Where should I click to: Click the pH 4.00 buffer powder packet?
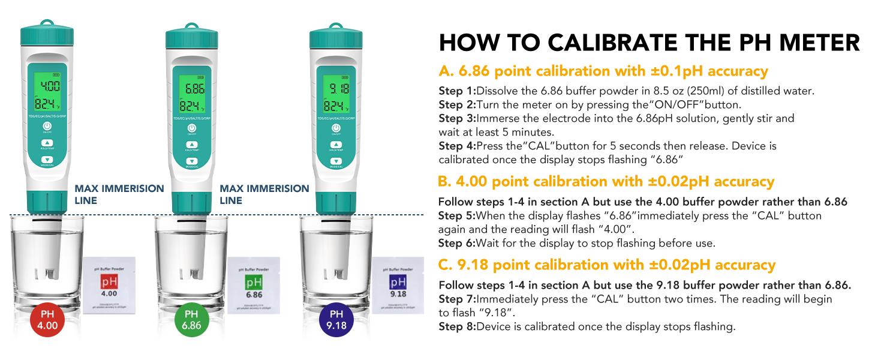[x=108, y=283]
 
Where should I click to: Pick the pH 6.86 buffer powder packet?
[x=254, y=283]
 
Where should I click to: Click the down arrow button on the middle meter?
[x=191, y=161]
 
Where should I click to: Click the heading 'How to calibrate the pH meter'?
[x=649, y=43]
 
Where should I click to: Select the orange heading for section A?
[x=603, y=71]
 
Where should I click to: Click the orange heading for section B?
[x=606, y=181]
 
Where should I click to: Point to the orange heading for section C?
[x=606, y=265]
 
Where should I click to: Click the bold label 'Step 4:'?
[x=456, y=146]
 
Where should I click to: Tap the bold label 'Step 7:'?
[x=456, y=299]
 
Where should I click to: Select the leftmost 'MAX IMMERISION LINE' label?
[x=119, y=194]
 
